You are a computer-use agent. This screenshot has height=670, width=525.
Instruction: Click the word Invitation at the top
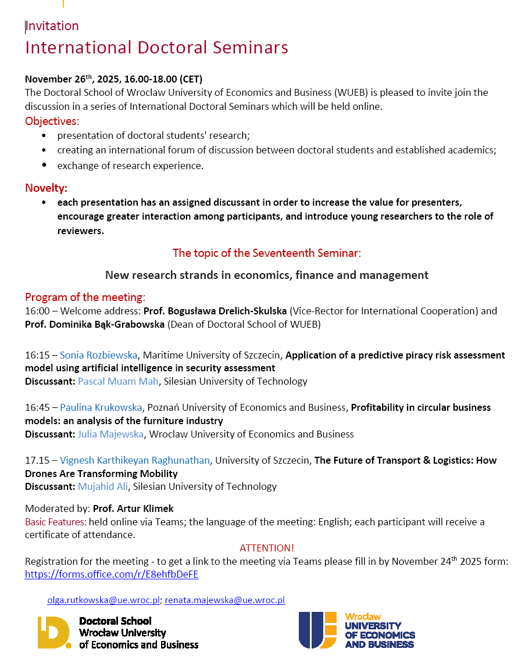coord(52,26)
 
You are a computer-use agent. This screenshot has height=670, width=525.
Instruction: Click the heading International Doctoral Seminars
coord(156,47)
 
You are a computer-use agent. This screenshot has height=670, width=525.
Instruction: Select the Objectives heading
coord(52,121)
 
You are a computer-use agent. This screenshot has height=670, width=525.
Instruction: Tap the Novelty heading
coord(46,188)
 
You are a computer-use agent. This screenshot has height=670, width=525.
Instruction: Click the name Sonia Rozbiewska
coord(99,355)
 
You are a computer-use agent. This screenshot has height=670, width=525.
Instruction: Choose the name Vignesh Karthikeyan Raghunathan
coord(134,460)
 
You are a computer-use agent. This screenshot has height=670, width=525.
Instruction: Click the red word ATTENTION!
coord(267,548)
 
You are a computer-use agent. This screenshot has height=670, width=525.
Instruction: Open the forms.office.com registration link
coord(112,574)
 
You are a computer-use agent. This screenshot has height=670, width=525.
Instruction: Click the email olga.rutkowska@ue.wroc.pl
coord(103,600)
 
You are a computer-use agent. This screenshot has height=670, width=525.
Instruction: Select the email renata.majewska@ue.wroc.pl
coord(225,600)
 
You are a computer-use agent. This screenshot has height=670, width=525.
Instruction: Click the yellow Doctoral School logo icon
coord(54,632)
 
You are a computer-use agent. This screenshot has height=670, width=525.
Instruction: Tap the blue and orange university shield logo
coord(317,630)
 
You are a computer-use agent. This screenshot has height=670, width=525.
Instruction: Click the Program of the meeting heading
coord(85,297)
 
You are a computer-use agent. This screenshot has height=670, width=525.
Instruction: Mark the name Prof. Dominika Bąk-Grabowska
coord(95,324)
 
